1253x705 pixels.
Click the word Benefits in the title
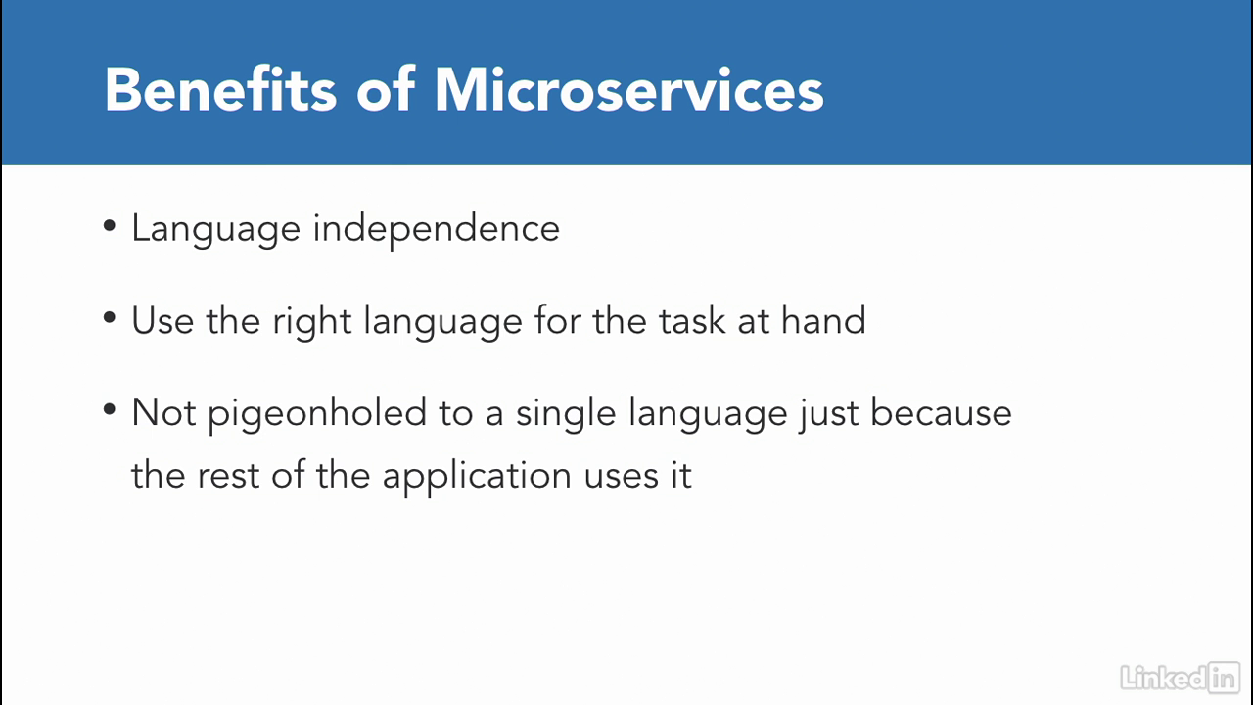coord(220,89)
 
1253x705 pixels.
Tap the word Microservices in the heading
coord(628,89)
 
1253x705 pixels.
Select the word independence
coord(436,228)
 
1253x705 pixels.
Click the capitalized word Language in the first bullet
coord(216,229)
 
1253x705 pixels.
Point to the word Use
coord(162,320)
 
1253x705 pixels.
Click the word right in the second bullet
coord(312,322)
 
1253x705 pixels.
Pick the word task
coord(691,320)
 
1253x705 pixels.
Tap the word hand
coord(823,320)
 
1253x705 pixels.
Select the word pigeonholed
coord(317,414)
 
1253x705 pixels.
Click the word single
coord(566,414)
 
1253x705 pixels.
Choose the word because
coord(941,413)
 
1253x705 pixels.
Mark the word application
coord(477,477)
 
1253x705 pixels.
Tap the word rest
coord(228,477)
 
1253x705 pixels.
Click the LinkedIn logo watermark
coord(1181,677)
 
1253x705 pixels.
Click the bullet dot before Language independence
coord(110,226)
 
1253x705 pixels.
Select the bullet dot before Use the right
coord(110,318)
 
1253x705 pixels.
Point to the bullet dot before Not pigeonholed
coord(110,409)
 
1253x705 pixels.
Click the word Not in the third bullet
coord(163,413)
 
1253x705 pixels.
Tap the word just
coord(828,414)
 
